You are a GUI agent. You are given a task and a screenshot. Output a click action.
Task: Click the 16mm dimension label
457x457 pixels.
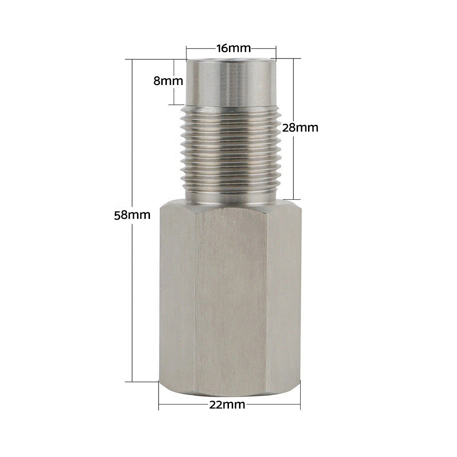233,48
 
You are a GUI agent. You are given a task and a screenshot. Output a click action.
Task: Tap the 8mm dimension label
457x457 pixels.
168,81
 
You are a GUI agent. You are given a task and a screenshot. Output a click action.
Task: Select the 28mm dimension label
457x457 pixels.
300,128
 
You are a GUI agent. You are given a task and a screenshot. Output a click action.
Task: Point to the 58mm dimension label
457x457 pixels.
132,215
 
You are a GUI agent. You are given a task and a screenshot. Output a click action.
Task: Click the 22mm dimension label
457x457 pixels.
227,404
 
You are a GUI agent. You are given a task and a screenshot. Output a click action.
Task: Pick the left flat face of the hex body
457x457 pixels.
177,294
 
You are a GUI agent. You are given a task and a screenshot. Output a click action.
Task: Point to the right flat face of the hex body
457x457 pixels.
284,294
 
